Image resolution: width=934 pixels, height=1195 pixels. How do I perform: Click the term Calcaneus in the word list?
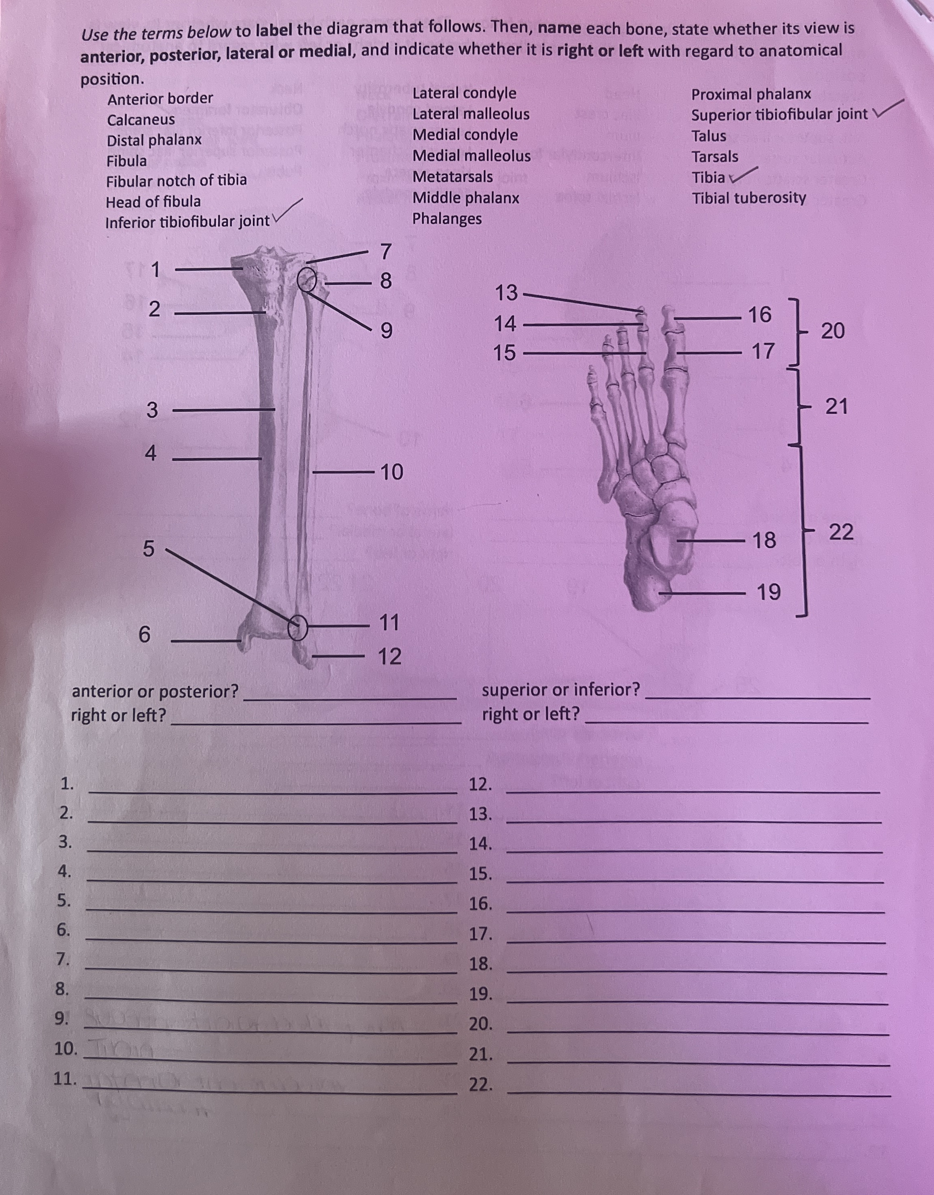click(141, 120)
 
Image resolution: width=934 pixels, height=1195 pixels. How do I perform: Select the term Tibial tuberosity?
click(749, 198)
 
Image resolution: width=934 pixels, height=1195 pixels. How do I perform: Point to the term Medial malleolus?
click(471, 156)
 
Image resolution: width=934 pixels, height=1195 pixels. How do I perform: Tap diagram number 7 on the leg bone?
click(385, 252)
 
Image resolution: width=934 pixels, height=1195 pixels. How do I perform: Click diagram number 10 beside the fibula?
click(391, 472)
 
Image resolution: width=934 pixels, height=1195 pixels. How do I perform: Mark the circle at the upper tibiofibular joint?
click(307, 280)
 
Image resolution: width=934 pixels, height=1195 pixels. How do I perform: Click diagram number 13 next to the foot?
click(506, 293)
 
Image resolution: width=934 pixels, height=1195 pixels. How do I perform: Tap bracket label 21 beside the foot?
click(836, 407)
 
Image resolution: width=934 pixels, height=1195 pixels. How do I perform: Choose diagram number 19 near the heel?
click(768, 592)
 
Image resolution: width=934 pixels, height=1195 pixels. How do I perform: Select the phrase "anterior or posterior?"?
click(155, 692)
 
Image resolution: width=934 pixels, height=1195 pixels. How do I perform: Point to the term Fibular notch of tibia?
click(176, 181)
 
